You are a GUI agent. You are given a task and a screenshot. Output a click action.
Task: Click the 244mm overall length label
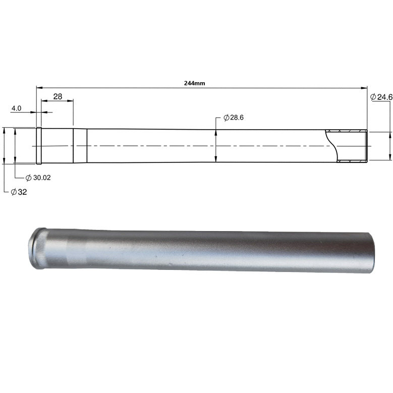195,83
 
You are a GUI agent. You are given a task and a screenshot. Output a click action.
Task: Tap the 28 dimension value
58,96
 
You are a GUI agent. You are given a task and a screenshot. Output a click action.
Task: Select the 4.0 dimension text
16,108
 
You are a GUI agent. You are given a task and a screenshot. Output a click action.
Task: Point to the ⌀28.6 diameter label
234,118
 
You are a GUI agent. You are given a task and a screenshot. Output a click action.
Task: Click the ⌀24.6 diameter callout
381,97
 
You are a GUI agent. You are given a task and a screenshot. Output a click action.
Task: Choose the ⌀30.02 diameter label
38,178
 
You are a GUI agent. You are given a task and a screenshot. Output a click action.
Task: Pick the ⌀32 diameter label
19,192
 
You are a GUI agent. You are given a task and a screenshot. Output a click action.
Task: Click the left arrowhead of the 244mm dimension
39,87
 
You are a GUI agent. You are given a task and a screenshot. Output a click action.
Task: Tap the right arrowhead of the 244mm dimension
364,88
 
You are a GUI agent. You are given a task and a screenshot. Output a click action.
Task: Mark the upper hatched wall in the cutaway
347,131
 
